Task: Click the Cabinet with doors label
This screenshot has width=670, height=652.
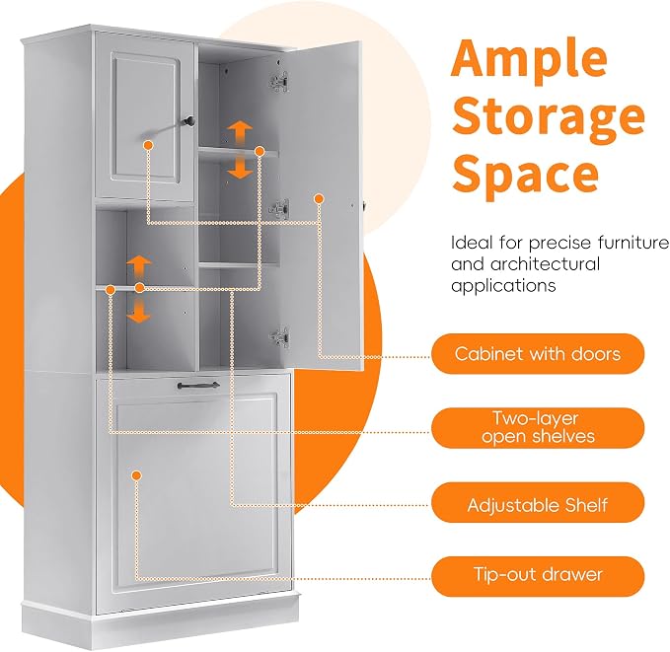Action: [x=538, y=354]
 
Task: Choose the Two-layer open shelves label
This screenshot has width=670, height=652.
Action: [x=538, y=428]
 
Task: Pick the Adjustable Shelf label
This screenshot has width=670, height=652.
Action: [x=538, y=505]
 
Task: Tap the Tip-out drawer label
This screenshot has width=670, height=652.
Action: [x=538, y=574]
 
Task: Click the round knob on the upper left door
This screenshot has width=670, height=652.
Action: [x=188, y=121]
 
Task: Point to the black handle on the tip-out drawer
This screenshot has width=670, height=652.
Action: [x=198, y=386]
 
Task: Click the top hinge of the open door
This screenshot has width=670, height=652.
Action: [x=279, y=81]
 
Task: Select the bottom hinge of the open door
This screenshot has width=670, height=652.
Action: [x=279, y=337]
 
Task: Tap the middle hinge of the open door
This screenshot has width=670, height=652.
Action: [x=279, y=208]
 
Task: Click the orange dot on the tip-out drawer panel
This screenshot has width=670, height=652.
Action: [x=136, y=475]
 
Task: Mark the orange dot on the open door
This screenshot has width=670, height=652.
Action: [x=319, y=199]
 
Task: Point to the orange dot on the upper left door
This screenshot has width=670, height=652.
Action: [x=149, y=145]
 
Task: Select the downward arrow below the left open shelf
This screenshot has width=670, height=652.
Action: [x=138, y=311]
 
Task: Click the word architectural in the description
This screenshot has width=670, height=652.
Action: [x=545, y=264]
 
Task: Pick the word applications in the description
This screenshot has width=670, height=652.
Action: [x=503, y=285]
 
